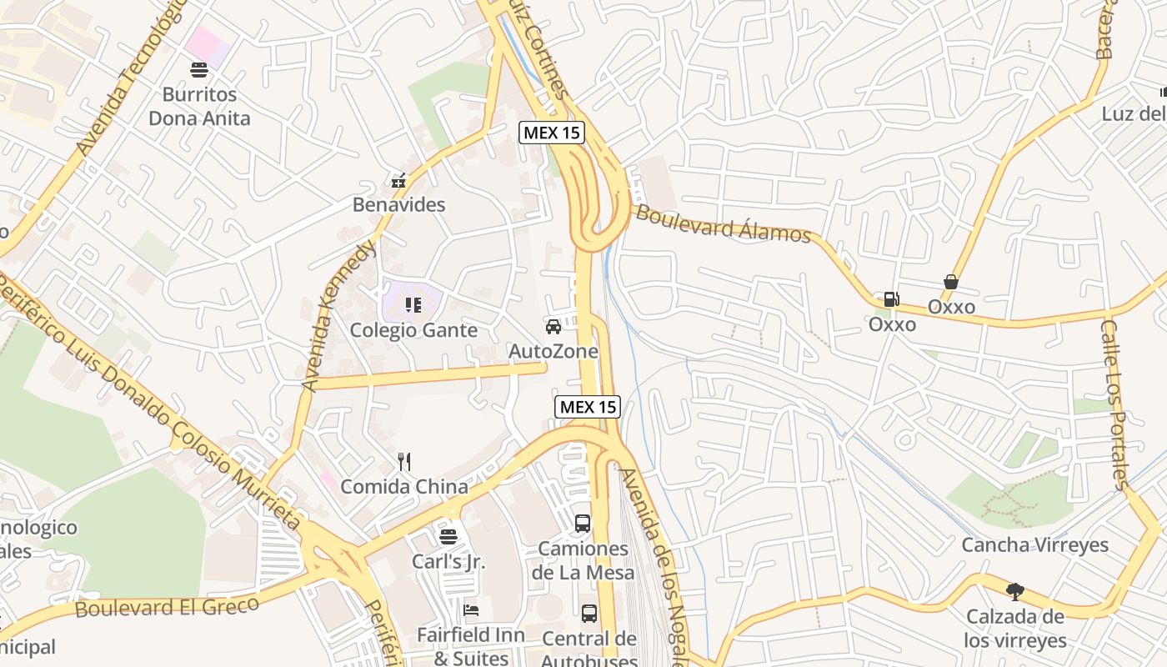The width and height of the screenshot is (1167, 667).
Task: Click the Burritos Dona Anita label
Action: tap(199, 106)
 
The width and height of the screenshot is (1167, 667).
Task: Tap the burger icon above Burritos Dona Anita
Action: tap(199, 69)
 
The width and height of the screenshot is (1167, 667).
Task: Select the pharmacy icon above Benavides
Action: tap(398, 180)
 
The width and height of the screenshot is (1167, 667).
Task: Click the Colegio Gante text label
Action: tap(413, 330)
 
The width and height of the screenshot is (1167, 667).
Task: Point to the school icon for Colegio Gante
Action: tap(413, 305)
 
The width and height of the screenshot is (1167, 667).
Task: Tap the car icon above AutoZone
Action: tap(553, 326)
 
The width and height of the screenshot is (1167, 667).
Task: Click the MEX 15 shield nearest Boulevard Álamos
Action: tap(552, 132)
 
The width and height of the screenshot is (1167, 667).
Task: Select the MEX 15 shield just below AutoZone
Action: tap(588, 406)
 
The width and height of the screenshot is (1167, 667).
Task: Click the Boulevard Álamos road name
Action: tap(723, 223)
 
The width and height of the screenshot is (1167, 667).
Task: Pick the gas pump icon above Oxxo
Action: tap(891, 299)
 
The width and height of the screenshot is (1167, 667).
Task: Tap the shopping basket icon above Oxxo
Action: tap(951, 282)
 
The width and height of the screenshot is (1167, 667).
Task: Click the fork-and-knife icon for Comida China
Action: tap(404, 461)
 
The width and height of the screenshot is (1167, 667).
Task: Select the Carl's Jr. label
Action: tap(448, 561)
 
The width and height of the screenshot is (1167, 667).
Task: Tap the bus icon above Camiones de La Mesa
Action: tap(583, 524)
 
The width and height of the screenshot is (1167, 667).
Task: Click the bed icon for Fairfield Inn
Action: tap(471, 609)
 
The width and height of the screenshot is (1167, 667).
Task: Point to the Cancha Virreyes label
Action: tap(1034, 544)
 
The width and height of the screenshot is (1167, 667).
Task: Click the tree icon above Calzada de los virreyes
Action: tap(1014, 592)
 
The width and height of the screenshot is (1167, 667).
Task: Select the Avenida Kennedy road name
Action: tap(338, 317)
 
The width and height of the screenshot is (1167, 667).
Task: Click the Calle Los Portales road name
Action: tap(1114, 404)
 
